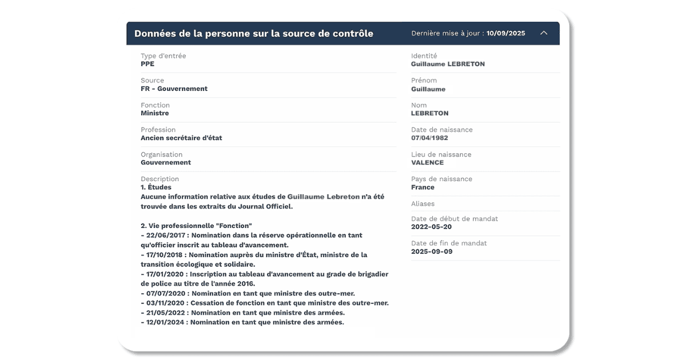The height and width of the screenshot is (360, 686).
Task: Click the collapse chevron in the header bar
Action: (x=544, y=33)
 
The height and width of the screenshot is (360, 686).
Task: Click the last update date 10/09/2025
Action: (x=505, y=33)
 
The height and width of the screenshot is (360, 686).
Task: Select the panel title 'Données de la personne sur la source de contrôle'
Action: (x=254, y=33)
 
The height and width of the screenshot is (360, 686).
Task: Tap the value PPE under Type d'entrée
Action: (x=147, y=64)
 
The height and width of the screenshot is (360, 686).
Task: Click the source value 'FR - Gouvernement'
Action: (x=174, y=89)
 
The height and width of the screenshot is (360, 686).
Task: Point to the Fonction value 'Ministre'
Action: (x=154, y=113)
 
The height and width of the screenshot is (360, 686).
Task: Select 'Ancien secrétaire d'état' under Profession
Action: (x=181, y=138)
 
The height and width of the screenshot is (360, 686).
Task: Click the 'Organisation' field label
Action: (x=161, y=154)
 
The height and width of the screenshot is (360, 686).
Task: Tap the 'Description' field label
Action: (x=159, y=179)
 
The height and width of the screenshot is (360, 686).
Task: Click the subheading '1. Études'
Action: (x=156, y=187)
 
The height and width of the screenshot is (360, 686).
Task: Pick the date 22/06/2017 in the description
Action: (x=165, y=235)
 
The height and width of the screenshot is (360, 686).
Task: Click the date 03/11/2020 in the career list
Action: (x=165, y=303)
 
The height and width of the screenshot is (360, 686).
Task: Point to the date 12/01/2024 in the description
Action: (x=165, y=322)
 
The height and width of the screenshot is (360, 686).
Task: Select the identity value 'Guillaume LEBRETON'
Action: (x=448, y=64)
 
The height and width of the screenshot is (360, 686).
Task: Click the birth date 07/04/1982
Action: (x=429, y=138)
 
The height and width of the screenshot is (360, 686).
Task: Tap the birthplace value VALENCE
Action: (x=427, y=162)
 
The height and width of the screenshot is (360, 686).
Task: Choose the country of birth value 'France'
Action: (x=422, y=187)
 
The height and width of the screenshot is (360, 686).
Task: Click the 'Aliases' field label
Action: (x=422, y=203)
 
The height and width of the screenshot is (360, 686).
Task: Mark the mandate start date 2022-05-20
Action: (x=432, y=227)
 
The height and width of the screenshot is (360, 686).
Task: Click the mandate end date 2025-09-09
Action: (x=432, y=251)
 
